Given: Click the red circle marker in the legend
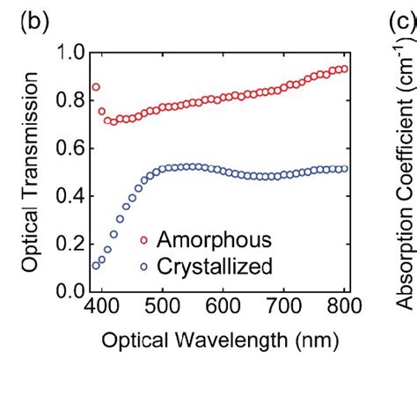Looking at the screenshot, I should tap(143, 239).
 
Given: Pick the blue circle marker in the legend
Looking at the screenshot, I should tap(143, 263).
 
